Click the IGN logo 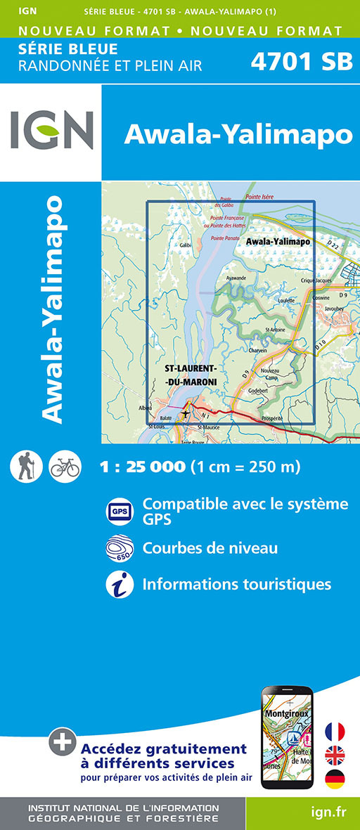point(51,131)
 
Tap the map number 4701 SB point(302,62)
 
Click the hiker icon point(27,466)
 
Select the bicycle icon point(65,466)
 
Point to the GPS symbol point(119,511)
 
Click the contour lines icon point(119,548)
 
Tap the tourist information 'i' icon point(119,585)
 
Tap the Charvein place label point(258,350)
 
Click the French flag point(335,731)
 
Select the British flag point(335,756)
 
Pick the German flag point(335,779)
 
